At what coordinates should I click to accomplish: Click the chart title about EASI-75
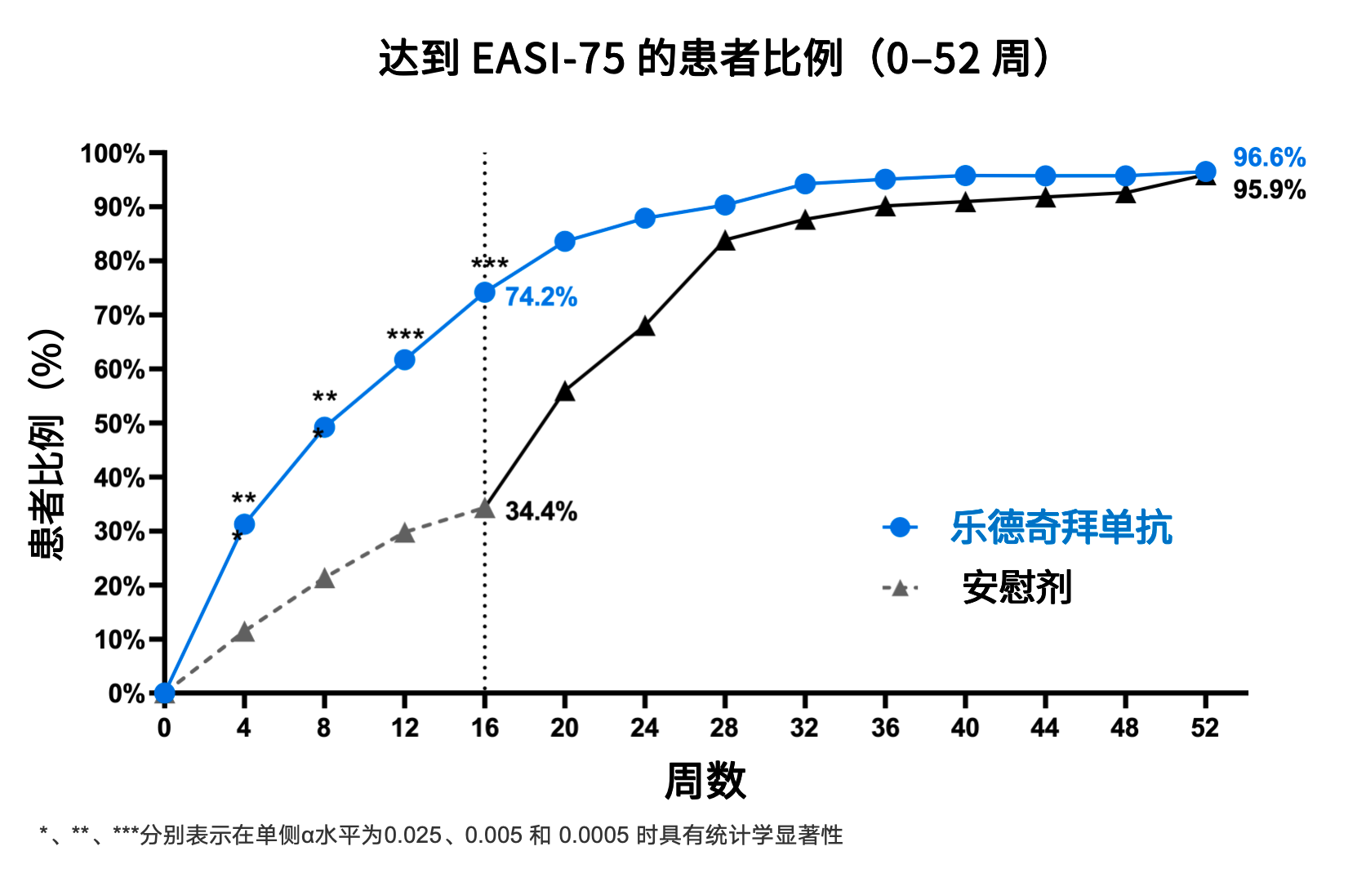coord(714,59)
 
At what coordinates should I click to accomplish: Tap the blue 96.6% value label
coord(1269,157)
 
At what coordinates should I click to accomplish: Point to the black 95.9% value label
coord(1269,190)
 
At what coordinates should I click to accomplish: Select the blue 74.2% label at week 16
coord(541,296)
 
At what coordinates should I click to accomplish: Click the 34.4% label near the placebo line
coord(541,511)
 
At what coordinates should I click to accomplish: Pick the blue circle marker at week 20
coord(564,242)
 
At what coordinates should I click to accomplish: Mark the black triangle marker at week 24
coord(644,327)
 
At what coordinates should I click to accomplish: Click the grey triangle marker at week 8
coord(324,579)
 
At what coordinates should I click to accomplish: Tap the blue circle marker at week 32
coord(805,184)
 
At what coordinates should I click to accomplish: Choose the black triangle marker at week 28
coord(725,241)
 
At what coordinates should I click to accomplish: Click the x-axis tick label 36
coord(885,728)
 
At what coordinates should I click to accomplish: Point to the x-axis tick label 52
coord(1205,728)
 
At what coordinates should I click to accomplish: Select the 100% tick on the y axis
coord(113,154)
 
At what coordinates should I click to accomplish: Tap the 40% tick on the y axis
coord(119,478)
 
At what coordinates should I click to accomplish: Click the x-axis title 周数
coord(705,781)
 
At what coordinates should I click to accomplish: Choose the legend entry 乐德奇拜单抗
coord(1061,528)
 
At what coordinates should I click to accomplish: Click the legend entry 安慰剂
coord(1017,588)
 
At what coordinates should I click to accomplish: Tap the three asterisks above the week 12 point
coord(405,335)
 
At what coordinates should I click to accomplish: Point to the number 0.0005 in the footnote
coord(594,835)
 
